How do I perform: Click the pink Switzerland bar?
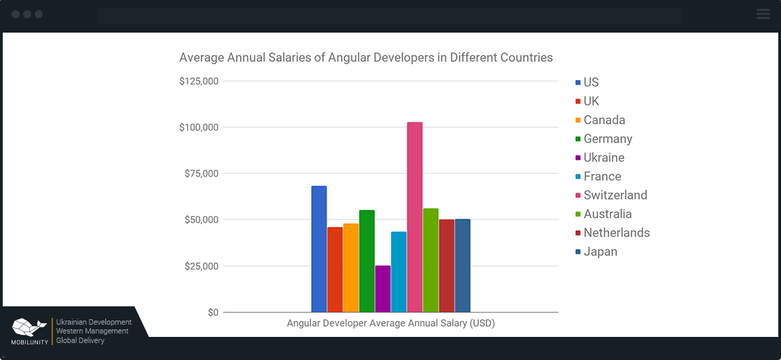414,217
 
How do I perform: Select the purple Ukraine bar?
382,289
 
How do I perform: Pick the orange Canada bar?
350,268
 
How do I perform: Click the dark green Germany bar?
367,261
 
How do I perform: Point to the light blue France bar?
399,272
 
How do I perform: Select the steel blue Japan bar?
462,266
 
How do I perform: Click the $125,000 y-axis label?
198,82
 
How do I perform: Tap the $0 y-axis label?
213,312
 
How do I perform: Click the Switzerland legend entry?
615,196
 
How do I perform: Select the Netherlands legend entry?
616,233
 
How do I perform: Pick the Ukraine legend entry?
603,158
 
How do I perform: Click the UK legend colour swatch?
578,102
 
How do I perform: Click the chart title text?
365,58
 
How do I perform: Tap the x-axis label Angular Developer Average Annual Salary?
390,323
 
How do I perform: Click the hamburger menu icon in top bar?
763,14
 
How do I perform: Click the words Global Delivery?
80,340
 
